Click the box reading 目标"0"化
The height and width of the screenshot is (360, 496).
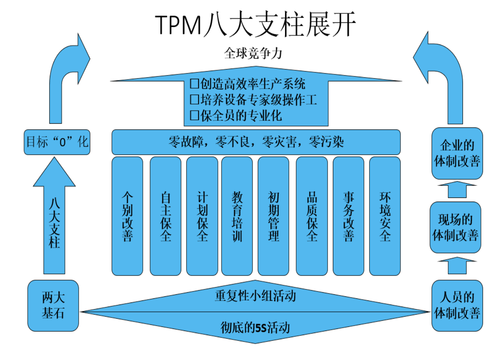[x=57, y=142]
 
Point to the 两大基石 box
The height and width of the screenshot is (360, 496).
[x=53, y=305]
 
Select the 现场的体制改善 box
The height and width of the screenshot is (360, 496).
[x=456, y=227]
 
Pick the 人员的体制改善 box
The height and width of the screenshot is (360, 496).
[x=457, y=305]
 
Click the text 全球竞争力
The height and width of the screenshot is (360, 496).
[x=253, y=53]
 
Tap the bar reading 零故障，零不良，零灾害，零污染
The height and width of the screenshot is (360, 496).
[x=256, y=142]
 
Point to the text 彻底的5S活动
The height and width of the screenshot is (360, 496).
[x=255, y=327]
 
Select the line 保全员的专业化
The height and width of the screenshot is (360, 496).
[x=237, y=116]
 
